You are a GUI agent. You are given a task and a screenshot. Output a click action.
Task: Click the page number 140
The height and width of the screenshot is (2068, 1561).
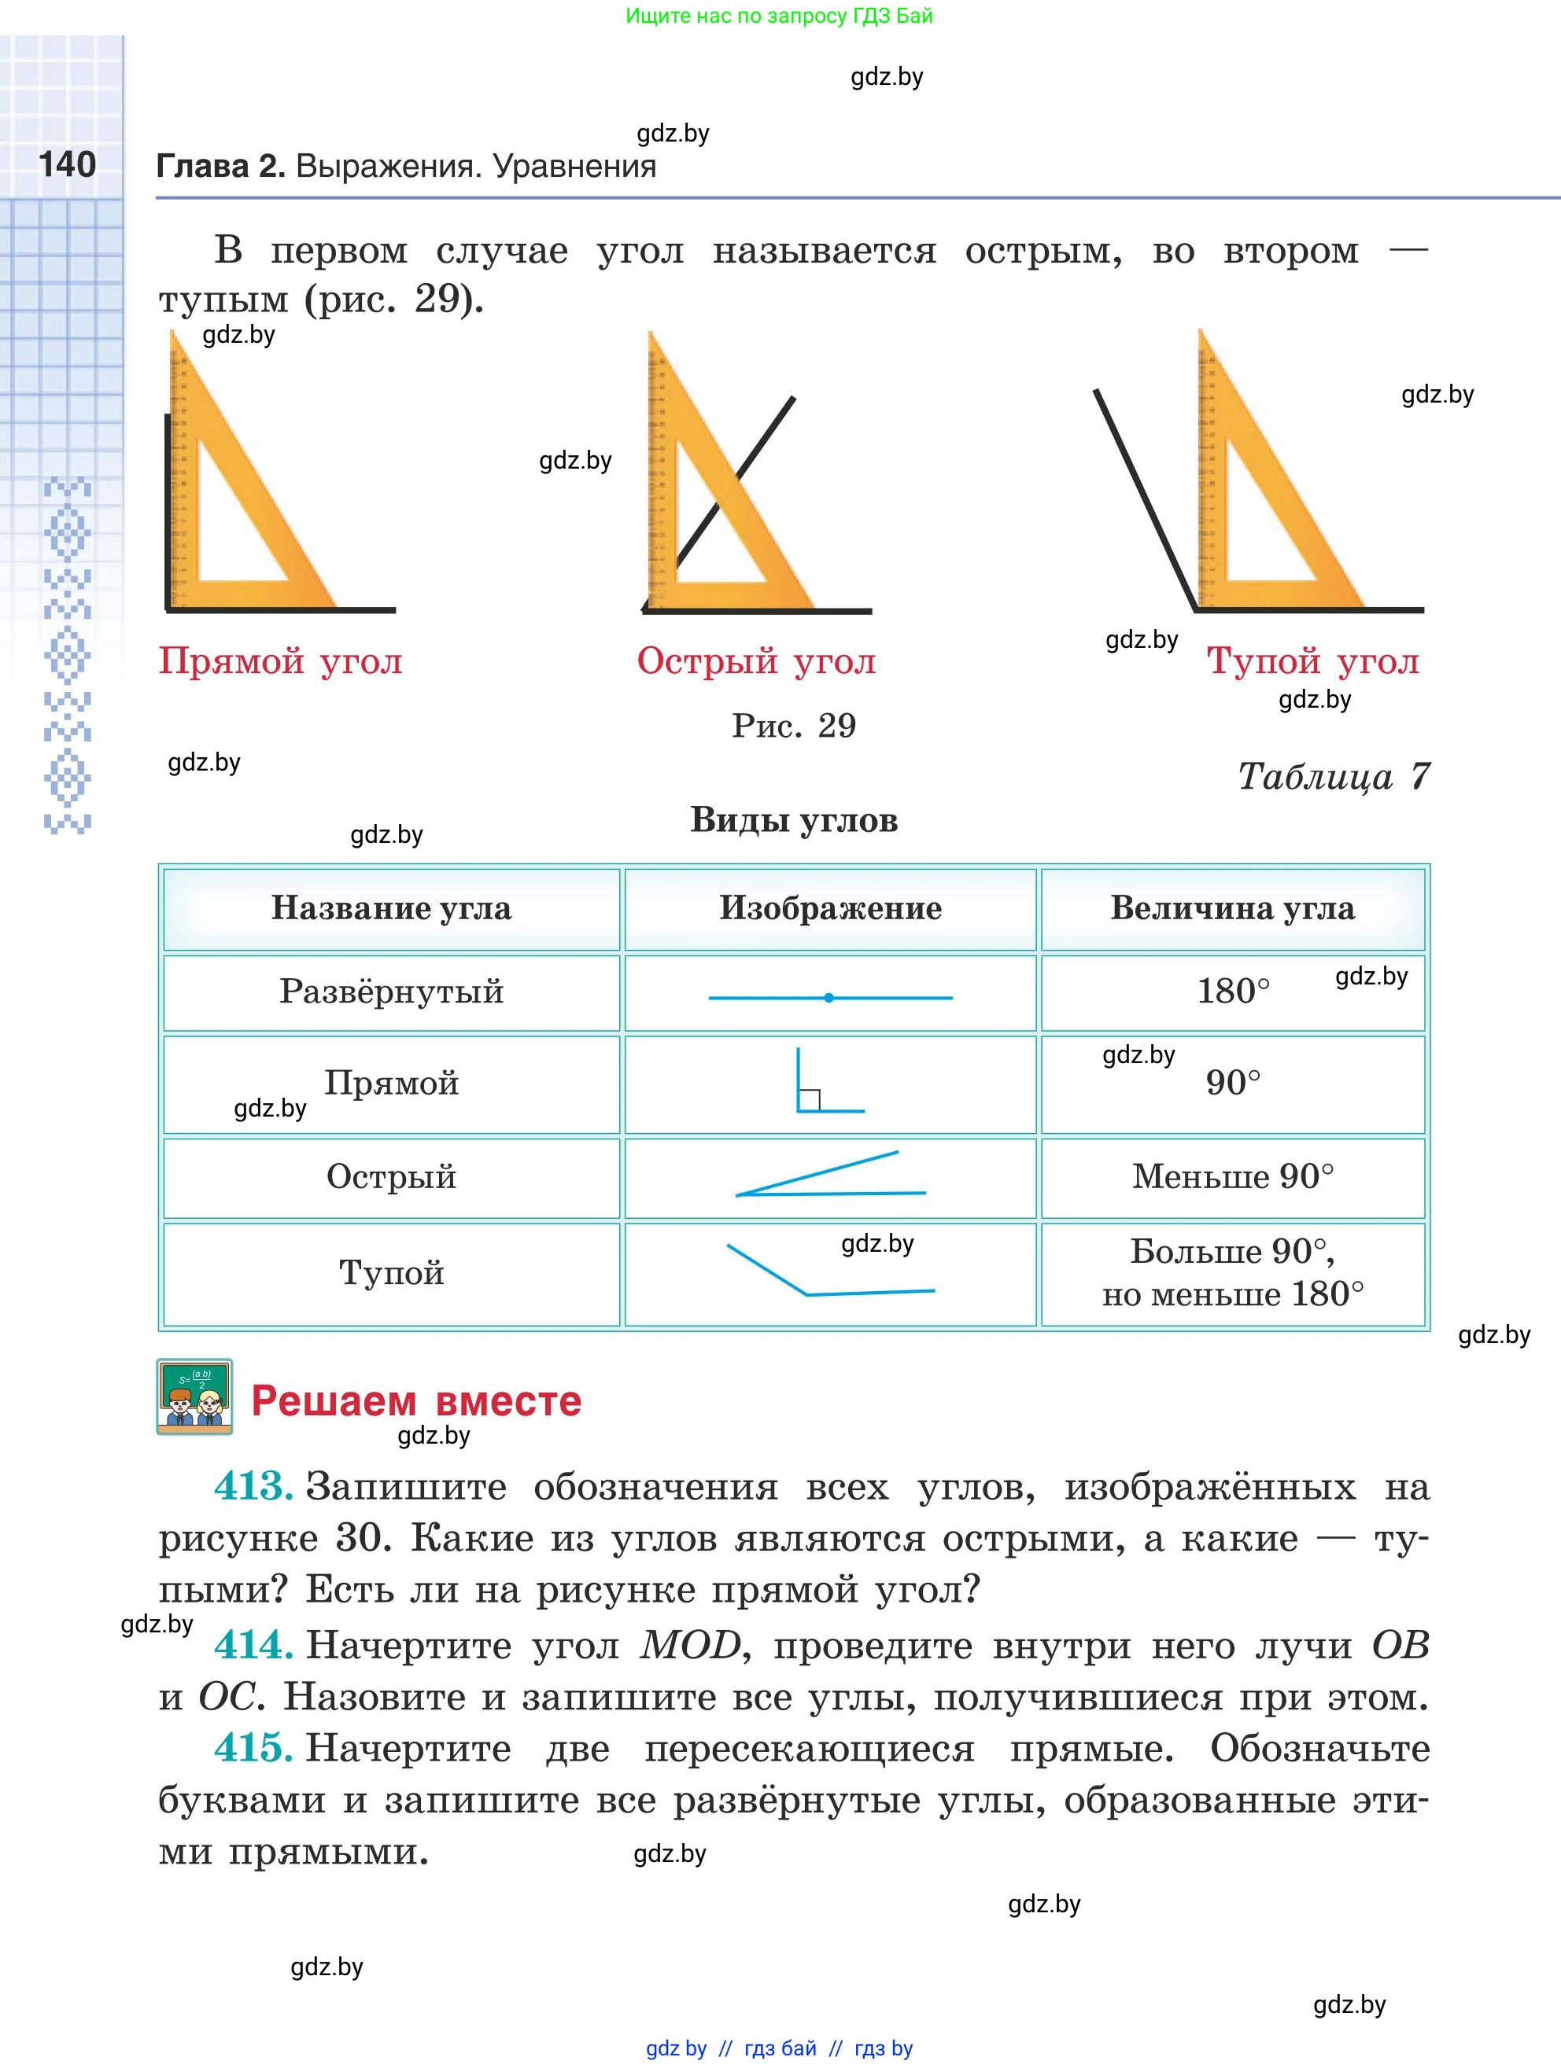[68, 164]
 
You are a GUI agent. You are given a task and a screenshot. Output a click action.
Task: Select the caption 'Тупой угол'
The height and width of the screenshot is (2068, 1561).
[1312, 661]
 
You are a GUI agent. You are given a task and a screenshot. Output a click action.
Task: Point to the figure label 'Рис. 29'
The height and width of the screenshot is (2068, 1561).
[793, 726]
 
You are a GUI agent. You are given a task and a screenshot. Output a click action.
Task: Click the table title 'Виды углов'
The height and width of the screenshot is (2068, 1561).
[794, 820]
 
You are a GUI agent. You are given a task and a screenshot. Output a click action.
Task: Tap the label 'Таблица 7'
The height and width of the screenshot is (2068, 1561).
[1334, 776]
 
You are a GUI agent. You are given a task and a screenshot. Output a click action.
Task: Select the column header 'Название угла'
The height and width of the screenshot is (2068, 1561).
[391, 907]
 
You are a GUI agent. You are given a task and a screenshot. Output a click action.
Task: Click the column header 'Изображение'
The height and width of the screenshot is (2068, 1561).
[829, 907]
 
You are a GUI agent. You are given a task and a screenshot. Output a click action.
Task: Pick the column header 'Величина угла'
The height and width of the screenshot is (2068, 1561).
[1232, 907]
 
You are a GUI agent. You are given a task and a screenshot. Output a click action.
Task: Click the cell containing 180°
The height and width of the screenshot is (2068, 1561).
[1233, 991]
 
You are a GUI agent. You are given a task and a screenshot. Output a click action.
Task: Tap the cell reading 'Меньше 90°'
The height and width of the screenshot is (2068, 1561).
[1233, 1176]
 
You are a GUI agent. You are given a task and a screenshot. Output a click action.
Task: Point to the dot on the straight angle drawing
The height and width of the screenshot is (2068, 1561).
[828, 998]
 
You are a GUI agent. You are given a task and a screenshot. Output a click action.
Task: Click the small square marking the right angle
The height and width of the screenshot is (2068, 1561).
[810, 1099]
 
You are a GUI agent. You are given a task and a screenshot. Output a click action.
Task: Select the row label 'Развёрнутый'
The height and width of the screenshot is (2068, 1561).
[391, 991]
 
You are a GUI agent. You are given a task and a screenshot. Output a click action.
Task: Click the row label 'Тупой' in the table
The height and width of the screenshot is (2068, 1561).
[391, 1272]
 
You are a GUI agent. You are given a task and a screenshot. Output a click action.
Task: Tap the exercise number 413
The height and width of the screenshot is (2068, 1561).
[253, 1486]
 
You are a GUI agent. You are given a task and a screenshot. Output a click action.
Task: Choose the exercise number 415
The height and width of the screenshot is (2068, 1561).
[253, 1748]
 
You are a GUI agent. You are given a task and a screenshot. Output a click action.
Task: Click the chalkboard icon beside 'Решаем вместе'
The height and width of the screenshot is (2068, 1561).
[194, 1396]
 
